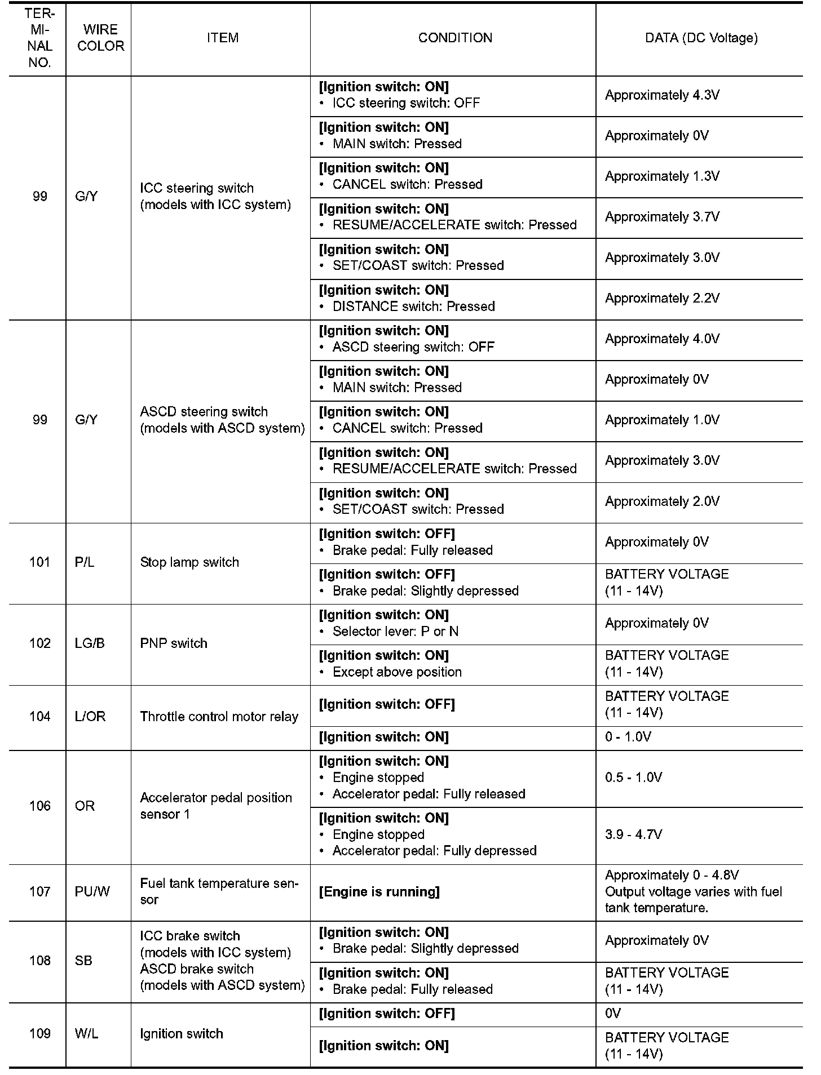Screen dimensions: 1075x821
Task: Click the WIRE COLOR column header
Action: (100, 38)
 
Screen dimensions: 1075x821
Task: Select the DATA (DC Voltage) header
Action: (701, 38)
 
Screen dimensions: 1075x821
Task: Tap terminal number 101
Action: (39, 562)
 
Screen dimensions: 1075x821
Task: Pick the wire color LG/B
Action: (90, 643)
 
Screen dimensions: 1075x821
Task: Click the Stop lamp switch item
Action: (189, 562)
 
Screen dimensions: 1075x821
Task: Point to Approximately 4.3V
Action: (662, 95)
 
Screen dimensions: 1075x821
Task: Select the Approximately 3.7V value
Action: (662, 217)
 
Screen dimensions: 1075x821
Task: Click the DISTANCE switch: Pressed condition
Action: (413, 306)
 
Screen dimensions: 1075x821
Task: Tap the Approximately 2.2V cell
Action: (662, 298)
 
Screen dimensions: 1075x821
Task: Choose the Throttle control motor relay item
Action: (219, 717)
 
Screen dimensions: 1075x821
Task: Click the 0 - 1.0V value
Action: (628, 737)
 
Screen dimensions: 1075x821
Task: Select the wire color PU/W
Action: (92, 892)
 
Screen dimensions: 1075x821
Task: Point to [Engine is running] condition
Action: (379, 892)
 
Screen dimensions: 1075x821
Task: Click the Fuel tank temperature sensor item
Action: (219, 891)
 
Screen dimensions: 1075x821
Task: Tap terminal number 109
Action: (39, 1034)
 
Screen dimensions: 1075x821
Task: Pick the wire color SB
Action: (83, 961)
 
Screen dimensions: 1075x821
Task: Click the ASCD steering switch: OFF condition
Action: (413, 347)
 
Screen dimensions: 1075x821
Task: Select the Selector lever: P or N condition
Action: (395, 632)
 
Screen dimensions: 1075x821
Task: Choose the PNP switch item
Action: (174, 643)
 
